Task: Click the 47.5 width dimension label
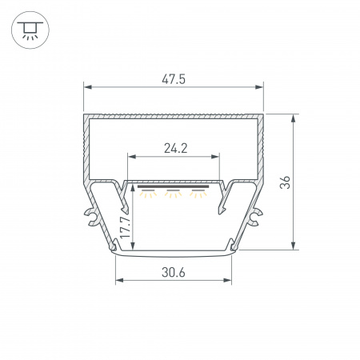click(174, 79)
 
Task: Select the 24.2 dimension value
click(176, 148)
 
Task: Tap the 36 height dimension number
click(285, 182)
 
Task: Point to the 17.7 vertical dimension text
click(125, 227)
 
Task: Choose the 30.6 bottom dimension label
click(174, 273)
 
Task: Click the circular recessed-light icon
click(30, 30)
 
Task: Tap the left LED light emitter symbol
click(148, 194)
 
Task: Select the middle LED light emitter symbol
click(173, 194)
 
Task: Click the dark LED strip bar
click(173, 186)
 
